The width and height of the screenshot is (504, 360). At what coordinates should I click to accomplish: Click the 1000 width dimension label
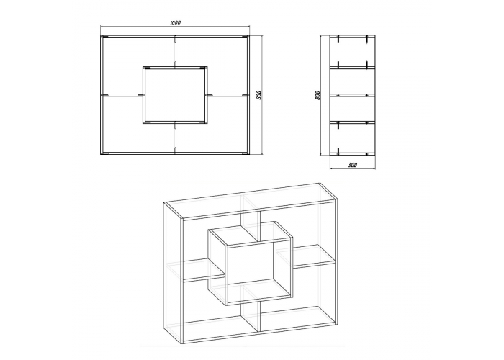point(176,23)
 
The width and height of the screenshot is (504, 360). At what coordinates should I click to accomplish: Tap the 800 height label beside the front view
point(259,95)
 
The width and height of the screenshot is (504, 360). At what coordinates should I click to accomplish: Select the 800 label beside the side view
point(318,95)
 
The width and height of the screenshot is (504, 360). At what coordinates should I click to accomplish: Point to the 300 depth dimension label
point(353,165)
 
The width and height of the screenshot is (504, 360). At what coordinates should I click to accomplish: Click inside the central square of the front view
point(175,95)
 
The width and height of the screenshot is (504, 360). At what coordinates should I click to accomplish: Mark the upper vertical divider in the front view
point(175,51)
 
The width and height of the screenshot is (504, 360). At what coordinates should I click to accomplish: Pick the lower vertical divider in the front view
point(175,138)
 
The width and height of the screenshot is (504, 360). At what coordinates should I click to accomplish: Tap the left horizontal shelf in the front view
point(122,95)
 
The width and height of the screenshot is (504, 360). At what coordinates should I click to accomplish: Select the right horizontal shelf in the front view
point(227,95)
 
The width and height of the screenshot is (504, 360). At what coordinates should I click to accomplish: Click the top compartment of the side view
point(353,51)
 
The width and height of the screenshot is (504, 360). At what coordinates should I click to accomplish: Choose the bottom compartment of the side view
point(353,138)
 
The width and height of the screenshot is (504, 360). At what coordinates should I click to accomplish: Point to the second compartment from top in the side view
point(353,81)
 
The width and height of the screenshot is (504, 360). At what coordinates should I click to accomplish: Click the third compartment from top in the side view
point(353,108)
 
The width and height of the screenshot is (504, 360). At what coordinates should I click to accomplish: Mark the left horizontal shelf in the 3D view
point(204,269)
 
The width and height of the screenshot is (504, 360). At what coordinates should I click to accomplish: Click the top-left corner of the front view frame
point(101,35)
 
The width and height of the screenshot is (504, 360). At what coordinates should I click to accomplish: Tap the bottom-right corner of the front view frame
point(249,154)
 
